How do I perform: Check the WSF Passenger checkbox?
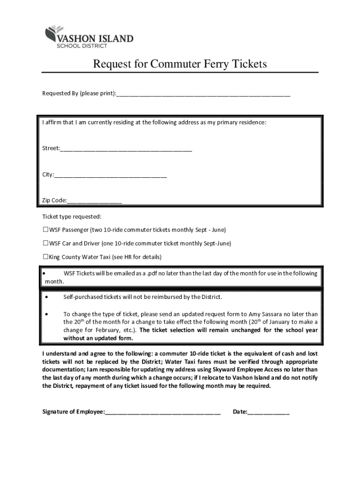pyautogui.click(x=46, y=230)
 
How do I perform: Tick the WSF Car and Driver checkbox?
pyautogui.click(x=46, y=243)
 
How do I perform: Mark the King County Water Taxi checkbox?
pyautogui.click(x=46, y=257)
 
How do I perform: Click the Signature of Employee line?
pyautogui.click(x=163, y=412)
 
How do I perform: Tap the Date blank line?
pyautogui.click(x=268, y=412)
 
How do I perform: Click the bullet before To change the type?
pyautogui.click(x=47, y=314)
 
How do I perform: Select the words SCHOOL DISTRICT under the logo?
pyautogui.click(x=82, y=46)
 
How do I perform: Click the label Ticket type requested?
pyautogui.click(x=72, y=217)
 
